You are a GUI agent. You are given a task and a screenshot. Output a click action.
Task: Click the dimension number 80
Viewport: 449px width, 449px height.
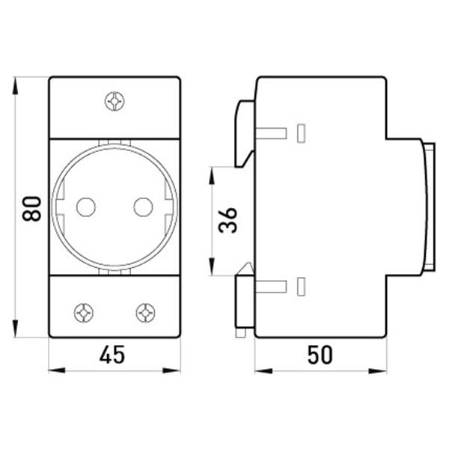[x=31, y=207]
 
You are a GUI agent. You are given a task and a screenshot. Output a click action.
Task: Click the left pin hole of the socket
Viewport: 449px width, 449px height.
[x=86, y=206]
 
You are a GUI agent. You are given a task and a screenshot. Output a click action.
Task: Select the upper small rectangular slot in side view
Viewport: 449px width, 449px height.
[x=302, y=132]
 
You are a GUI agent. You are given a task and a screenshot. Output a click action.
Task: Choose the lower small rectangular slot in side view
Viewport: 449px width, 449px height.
[x=302, y=285]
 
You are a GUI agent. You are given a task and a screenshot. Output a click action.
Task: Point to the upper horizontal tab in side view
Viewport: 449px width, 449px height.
[x=271, y=132]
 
